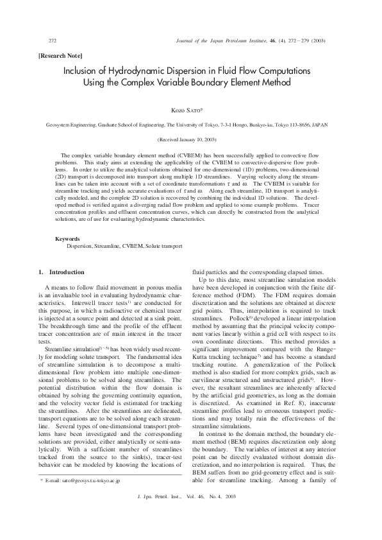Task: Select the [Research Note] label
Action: [x=62, y=56]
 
